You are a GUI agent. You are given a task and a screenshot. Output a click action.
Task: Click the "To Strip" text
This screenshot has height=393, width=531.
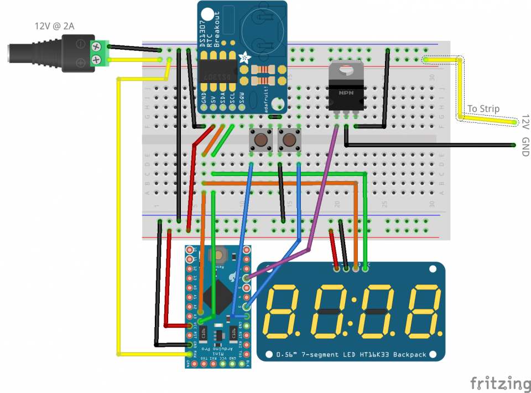pos(483,108)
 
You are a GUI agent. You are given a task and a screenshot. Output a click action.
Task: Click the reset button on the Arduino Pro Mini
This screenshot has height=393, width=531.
pos(220,255)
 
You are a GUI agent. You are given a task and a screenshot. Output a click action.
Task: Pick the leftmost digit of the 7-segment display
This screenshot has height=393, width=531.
pos(286,312)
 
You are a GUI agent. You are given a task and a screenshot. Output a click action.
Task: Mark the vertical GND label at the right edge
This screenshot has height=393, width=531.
pos(525,147)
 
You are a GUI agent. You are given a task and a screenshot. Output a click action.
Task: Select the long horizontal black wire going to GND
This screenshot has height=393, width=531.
pos(431,145)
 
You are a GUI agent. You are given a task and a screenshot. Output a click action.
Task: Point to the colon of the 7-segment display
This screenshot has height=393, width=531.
pos(356,312)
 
